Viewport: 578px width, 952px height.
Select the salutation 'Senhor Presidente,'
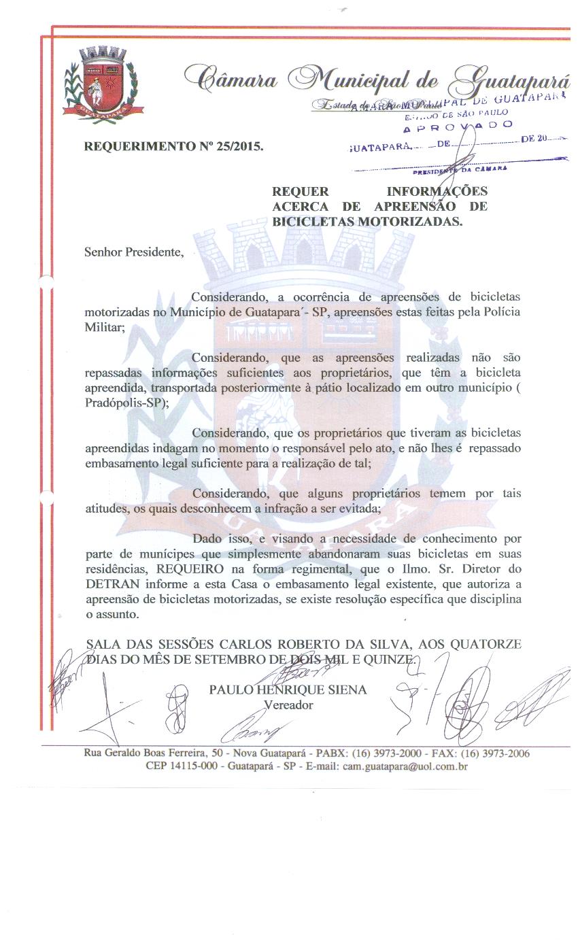[x=134, y=252]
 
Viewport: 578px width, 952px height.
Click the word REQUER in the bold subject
[x=301, y=192]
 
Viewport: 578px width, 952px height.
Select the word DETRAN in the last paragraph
[x=109, y=583]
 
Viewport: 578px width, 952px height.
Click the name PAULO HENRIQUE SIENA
[x=288, y=690]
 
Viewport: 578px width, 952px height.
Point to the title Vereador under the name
[x=288, y=704]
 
